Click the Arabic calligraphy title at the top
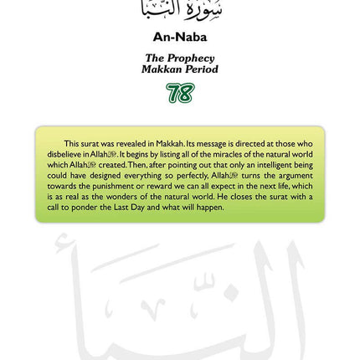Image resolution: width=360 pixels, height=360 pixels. [x=180, y=10]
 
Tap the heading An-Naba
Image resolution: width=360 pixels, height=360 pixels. [x=180, y=38]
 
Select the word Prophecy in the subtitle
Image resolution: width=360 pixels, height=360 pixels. [x=191, y=59]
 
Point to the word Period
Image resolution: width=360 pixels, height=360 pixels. [x=201, y=69]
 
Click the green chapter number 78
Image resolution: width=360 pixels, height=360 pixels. [x=180, y=93]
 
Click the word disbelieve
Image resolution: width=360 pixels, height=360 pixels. [x=62, y=155]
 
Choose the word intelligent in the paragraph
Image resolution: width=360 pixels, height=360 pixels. [x=281, y=165]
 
